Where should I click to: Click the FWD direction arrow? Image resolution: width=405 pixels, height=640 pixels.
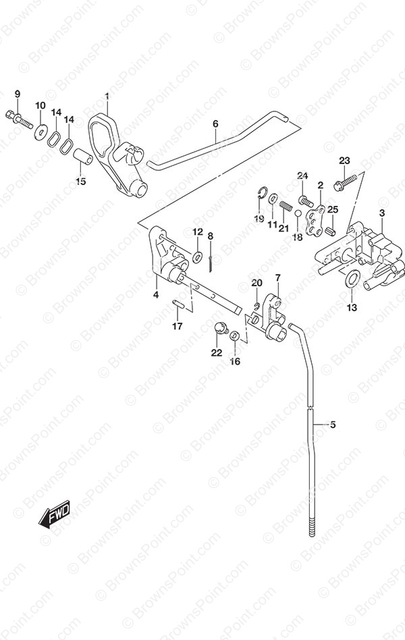point(55,513)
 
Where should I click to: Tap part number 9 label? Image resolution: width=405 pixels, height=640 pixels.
point(17,95)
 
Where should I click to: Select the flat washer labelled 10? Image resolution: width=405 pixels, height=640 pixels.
point(40,131)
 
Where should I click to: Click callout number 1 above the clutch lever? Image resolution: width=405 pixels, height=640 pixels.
point(107,97)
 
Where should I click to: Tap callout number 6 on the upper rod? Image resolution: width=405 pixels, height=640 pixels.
point(215,124)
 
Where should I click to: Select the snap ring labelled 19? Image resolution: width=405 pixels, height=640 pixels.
point(263,192)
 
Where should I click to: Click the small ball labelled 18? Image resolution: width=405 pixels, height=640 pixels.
point(298,213)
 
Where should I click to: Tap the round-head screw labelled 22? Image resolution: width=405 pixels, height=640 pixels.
point(220,327)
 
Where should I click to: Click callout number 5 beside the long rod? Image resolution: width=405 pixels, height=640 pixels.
point(333,425)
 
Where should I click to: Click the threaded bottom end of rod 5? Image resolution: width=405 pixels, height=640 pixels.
point(313,527)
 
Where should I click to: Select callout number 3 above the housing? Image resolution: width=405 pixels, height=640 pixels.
point(382,213)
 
